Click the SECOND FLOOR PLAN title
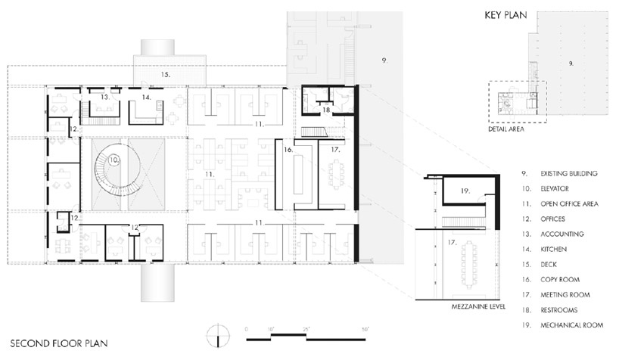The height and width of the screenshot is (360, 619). [x=59, y=343]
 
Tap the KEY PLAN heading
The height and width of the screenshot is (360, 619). [x=505, y=15]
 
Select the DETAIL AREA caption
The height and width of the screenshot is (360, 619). [x=506, y=129]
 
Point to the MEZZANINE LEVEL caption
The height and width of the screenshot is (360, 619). [x=478, y=306]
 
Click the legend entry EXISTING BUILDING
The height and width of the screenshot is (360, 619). [x=569, y=173]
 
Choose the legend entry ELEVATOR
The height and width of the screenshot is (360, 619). [x=555, y=188]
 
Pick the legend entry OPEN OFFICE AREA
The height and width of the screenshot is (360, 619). [x=569, y=203]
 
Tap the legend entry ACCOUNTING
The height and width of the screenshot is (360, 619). [x=562, y=234]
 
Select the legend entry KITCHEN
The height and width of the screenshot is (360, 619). [x=553, y=249]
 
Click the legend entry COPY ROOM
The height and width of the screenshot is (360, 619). [x=560, y=280]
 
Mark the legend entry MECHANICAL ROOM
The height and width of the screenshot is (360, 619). [x=571, y=325]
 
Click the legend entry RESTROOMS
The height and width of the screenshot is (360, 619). [x=559, y=310]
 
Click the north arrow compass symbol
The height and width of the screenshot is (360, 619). [x=218, y=336]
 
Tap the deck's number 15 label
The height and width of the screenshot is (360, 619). [x=166, y=74]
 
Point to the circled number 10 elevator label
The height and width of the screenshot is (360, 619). [x=114, y=160]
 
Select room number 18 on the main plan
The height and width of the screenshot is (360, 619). [x=326, y=110]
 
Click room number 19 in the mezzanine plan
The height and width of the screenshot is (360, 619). [x=465, y=191]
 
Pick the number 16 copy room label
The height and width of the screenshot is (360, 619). [x=288, y=150]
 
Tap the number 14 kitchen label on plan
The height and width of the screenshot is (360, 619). [x=147, y=97]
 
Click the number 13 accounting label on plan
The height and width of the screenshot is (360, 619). [x=104, y=97]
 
